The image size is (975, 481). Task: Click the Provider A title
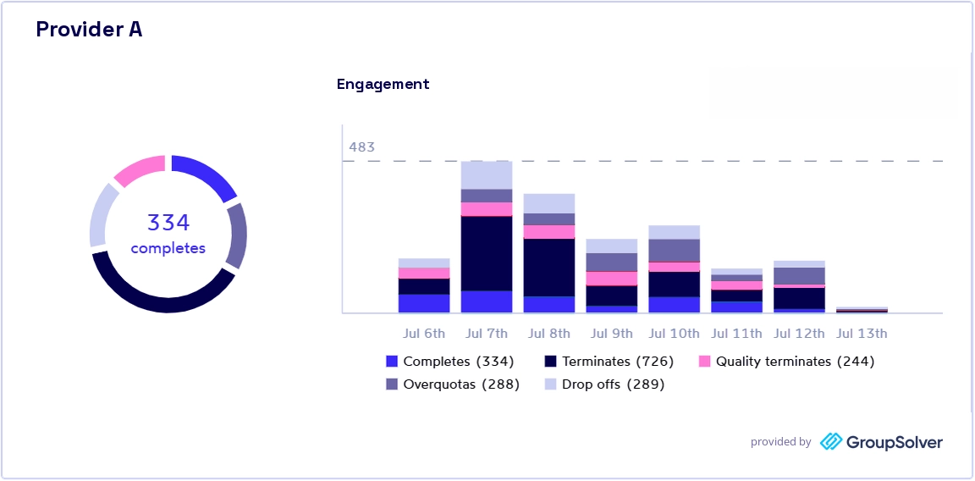point(89,30)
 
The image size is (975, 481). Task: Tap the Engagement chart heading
point(383,85)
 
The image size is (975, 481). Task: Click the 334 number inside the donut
point(168,222)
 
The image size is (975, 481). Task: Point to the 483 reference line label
point(361,147)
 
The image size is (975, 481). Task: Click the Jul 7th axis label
point(487,334)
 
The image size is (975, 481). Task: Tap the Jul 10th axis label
point(674,334)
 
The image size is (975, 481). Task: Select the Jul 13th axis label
point(862,334)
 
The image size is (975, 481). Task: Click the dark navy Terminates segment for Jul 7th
point(487,253)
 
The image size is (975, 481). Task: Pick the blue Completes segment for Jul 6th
point(423,303)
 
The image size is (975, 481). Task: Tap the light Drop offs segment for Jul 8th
point(549,203)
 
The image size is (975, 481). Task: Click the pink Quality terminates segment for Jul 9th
point(612,278)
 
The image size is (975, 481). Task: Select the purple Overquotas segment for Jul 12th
point(799,276)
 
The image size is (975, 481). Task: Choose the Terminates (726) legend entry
point(609,362)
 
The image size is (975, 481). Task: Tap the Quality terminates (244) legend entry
point(786,362)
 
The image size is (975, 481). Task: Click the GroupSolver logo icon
point(831,442)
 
